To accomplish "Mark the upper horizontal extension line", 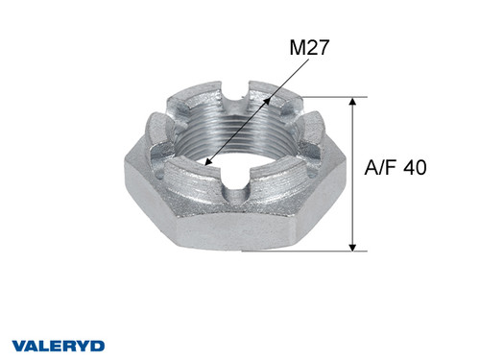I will (326, 97).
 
